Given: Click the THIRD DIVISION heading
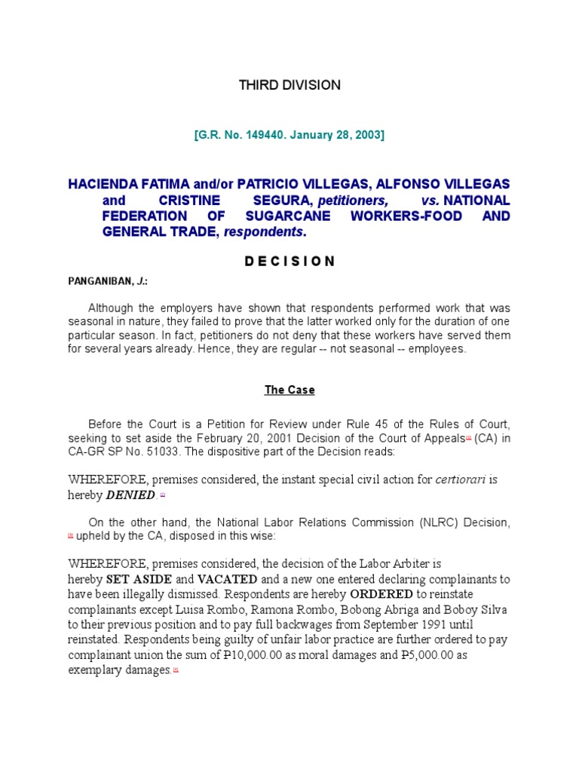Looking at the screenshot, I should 289,85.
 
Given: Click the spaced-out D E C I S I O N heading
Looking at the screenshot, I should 289,261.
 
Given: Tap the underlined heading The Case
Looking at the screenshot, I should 289,390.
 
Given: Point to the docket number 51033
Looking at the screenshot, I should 179,451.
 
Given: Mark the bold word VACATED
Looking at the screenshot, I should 227,579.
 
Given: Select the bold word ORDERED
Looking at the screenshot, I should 381,593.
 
